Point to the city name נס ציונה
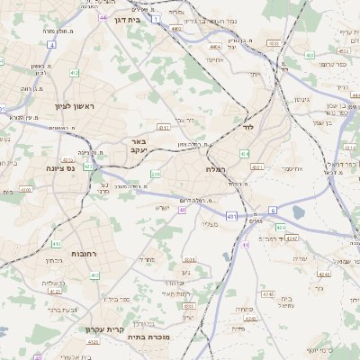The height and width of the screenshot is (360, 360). [67, 168]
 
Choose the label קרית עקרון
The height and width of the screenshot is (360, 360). [104, 329]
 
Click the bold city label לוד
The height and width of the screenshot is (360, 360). [249, 127]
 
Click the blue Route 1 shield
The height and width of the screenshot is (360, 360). [156, 19]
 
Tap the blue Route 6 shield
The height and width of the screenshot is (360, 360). [272, 209]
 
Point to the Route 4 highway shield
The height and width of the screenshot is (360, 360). [52, 44]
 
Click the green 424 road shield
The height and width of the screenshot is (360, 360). [280, 228]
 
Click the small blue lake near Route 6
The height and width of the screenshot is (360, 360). [298, 212]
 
